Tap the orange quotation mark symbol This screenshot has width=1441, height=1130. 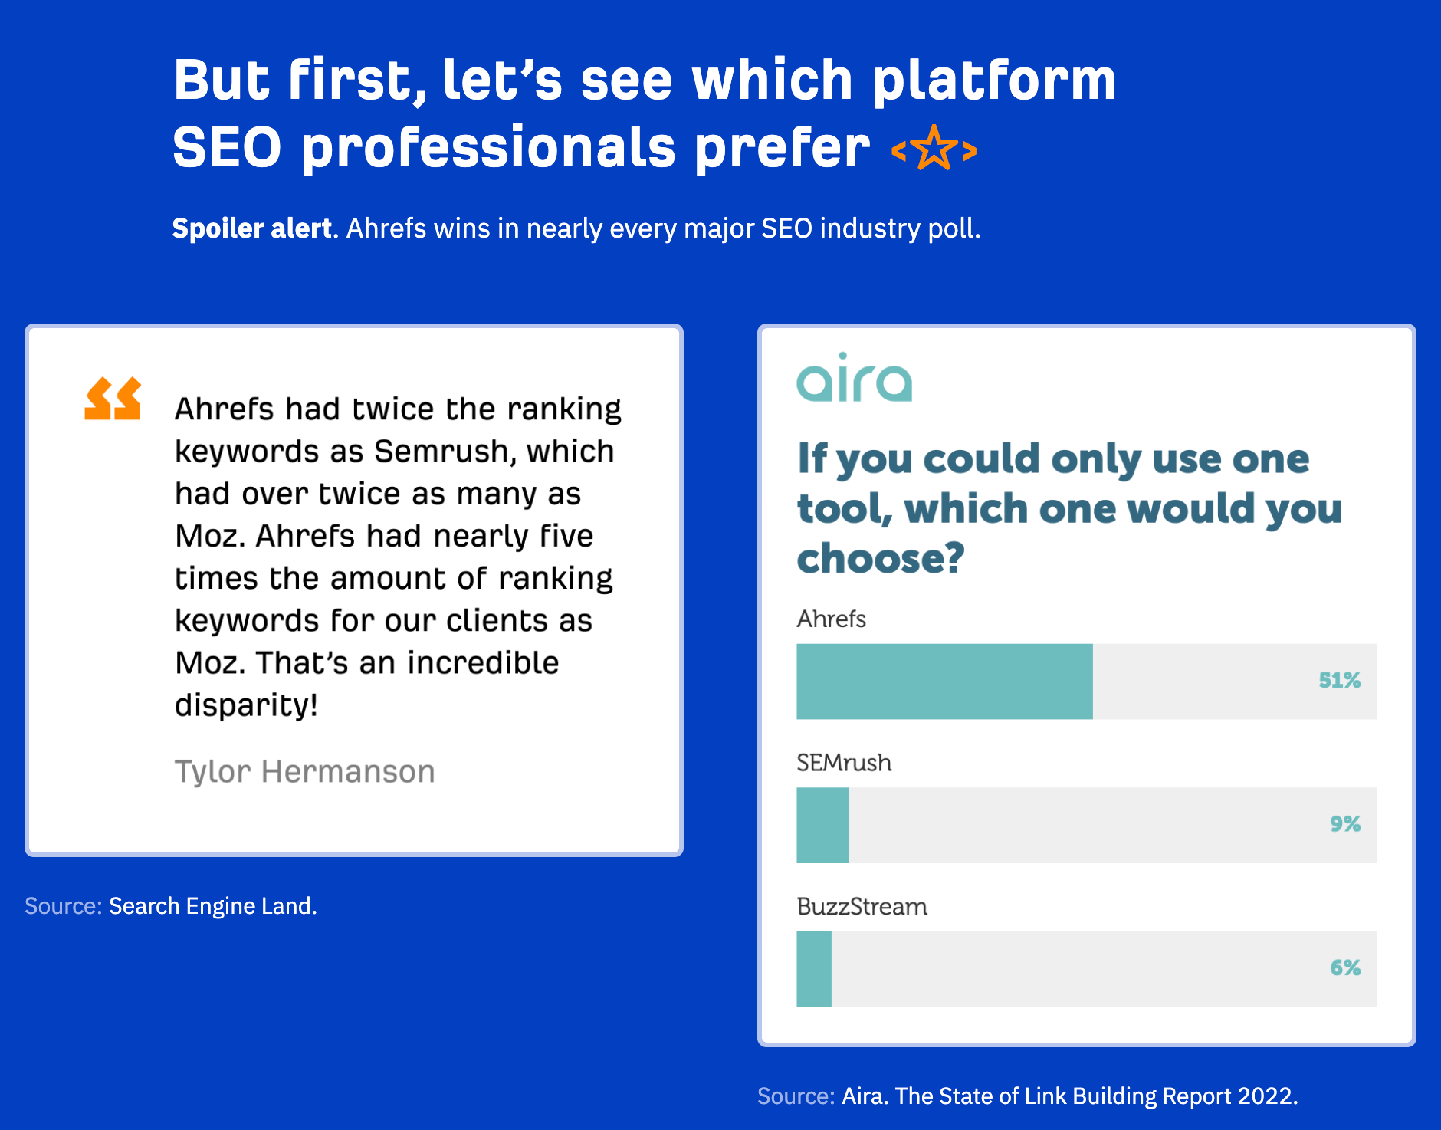pyautogui.click(x=113, y=399)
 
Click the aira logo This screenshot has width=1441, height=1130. pyautogui.click(x=854, y=378)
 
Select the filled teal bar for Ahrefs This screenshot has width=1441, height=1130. pyautogui.click(x=944, y=682)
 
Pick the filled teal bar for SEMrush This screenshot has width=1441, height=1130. pyautogui.click(x=822, y=826)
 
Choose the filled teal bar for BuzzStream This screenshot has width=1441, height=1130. pyautogui.click(x=814, y=969)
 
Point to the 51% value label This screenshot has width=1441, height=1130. pyautogui.click(x=1339, y=681)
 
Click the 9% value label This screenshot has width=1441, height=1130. pyautogui.click(x=1345, y=824)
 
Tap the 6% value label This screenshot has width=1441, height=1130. pyautogui.click(x=1345, y=968)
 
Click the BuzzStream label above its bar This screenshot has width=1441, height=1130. pyautogui.click(x=862, y=907)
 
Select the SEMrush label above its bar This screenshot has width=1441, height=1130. pyautogui.click(x=844, y=763)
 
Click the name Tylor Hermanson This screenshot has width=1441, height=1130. pyautogui.click(x=304, y=771)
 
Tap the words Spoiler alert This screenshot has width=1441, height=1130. pyautogui.click(x=251, y=228)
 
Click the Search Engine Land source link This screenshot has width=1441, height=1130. pyautogui.click(x=212, y=906)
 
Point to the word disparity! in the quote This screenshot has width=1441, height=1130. pyautogui.click(x=246, y=705)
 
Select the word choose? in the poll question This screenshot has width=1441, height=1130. pyautogui.click(x=880, y=558)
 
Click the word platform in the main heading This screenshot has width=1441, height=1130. pyautogui.click(x=994, y=80)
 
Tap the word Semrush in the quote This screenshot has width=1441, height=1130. pyautogui.click(x=441, y=452)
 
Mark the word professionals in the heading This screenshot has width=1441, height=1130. pyautogui.click(x=489, y=147)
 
